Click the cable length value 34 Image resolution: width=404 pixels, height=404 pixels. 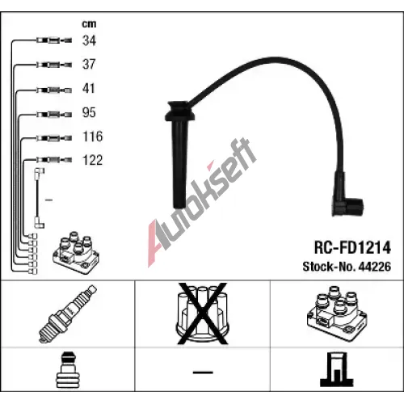point(89,40)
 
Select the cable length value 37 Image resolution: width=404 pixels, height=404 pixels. point(89,65)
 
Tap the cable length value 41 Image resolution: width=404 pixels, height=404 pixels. point(89,88)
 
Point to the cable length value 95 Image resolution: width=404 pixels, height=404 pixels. point(89,112)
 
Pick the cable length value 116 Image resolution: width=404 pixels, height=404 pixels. point(93,137)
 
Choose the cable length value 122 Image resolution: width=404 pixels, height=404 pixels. point(93,160)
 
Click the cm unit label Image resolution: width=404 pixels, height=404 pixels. point(89,24)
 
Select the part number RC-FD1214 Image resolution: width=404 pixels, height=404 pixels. point(352,247)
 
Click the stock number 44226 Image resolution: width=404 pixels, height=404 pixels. point(375,267)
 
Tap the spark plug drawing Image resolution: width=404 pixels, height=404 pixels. point(68,314)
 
